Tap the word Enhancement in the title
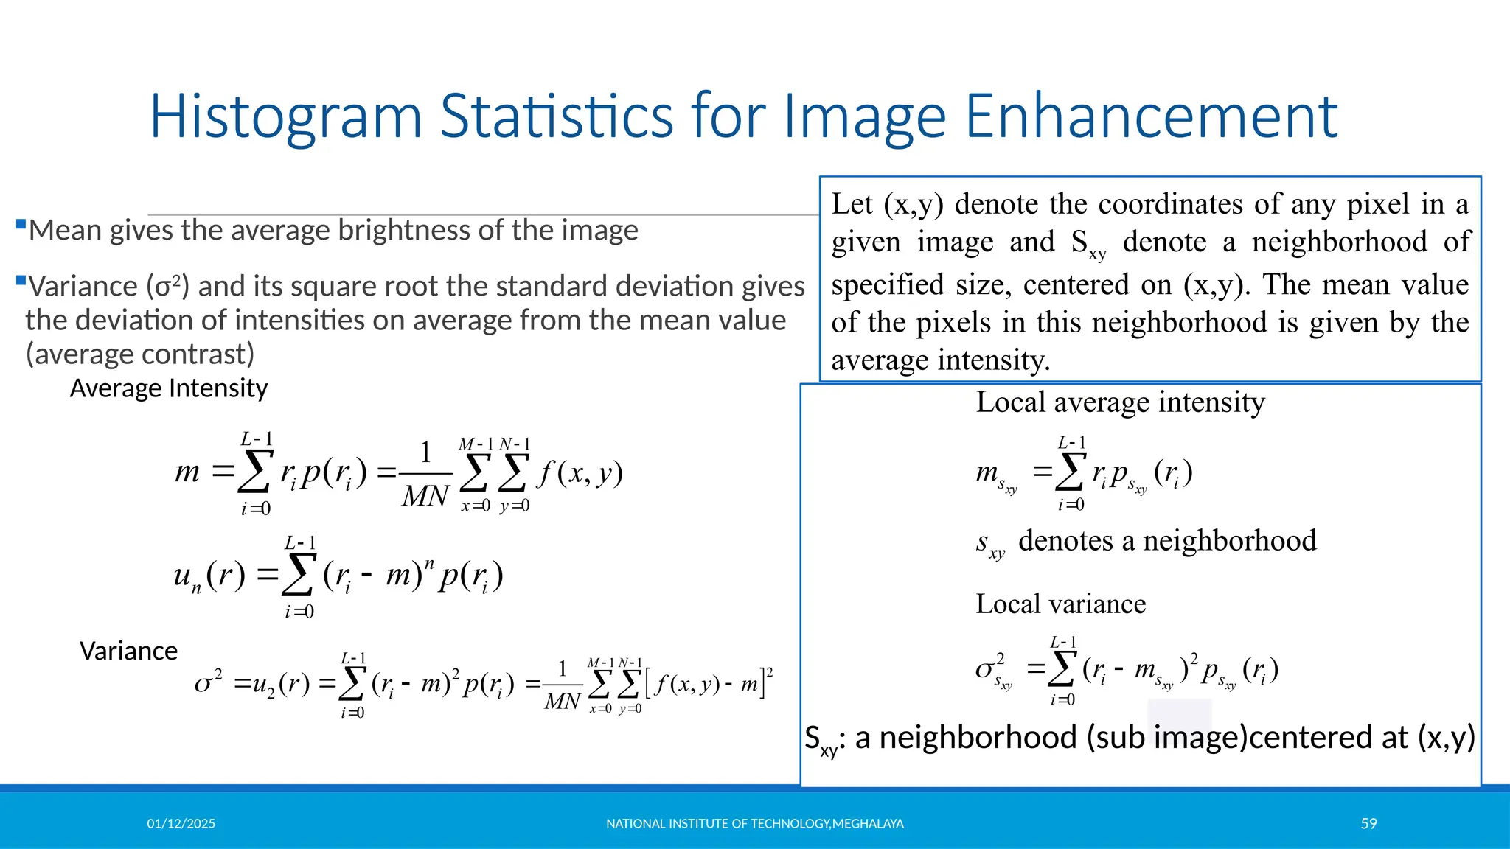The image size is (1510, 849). [1151, 116]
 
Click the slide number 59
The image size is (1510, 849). [1368, 824]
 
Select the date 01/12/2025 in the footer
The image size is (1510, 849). [181, 824]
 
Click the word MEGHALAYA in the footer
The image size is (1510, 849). [868, 824]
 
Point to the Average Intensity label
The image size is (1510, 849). [168, 388]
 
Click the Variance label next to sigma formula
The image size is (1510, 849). [128, 651]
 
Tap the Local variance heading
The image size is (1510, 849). [1060, 604]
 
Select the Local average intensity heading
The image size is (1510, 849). [1120, 402]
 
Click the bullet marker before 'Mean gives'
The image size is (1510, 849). [21, 224]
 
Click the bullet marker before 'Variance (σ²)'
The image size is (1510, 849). [21, 280]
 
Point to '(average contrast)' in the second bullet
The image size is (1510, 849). [140, 354]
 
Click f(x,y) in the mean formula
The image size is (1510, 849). [580, 472]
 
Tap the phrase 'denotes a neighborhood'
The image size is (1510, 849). [1167, 541]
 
